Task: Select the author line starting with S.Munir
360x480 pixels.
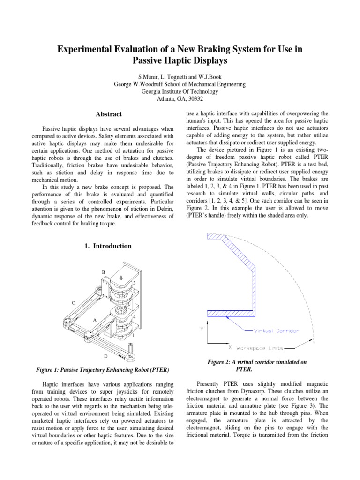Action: (180, 76)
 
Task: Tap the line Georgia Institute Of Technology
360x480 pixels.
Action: (180, 92)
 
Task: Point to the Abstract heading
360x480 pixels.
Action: (109, 114)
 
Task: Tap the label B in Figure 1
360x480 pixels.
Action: (104, 272)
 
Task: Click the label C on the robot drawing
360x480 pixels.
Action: (73, 303)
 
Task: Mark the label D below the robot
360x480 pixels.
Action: (105, 356)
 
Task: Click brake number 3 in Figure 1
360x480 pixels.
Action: (134, 283)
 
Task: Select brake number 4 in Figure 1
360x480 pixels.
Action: (135, 317)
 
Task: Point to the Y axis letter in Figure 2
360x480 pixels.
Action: (202, 329)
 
